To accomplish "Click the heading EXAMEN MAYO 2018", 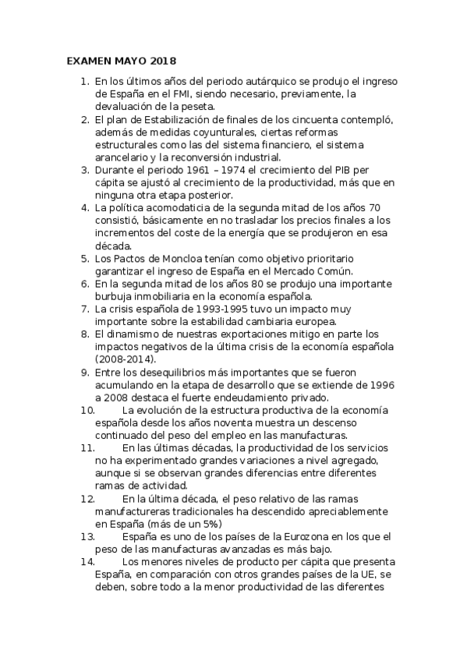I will pyautogui.click(x=120, y=61).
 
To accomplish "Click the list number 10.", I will pyautogui.click(x=87, y=410).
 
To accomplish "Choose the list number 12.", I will pyautogui.click(x=87, y=498).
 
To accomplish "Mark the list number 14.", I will pyautogui.click(x=87, y=562).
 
